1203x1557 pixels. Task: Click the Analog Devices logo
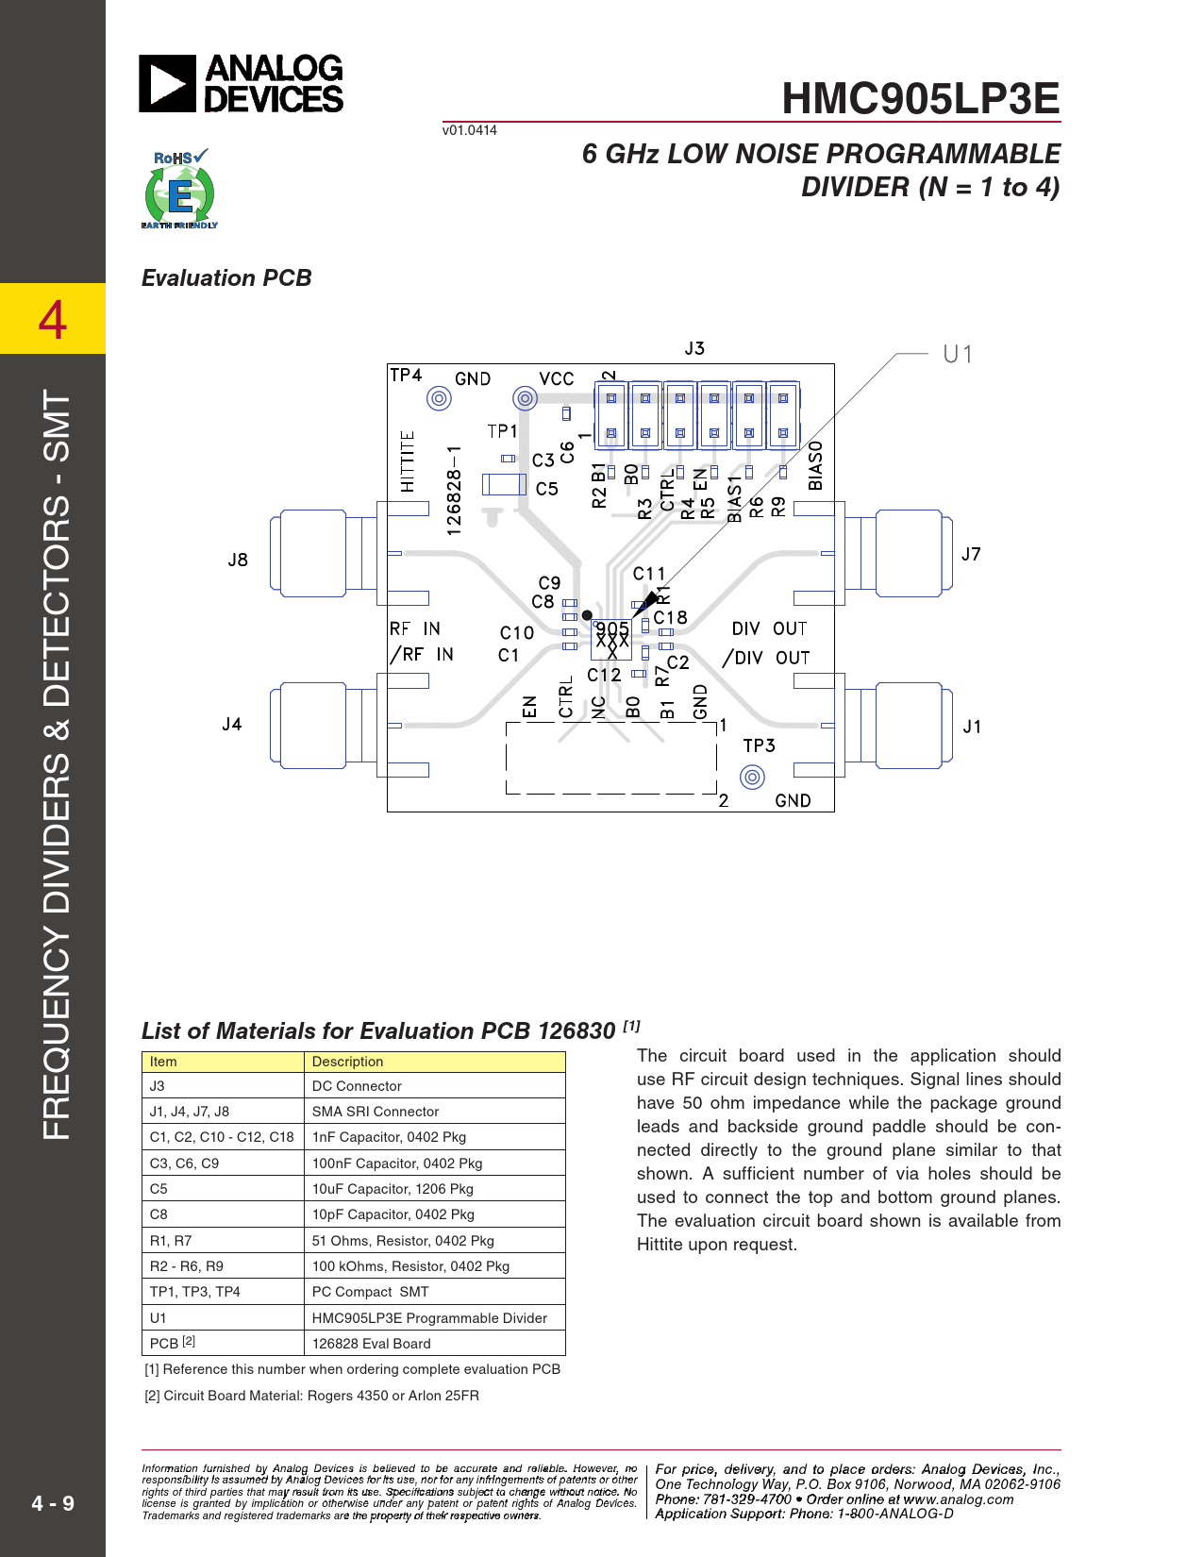[242, 84]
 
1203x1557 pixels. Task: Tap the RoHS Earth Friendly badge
[179, 189]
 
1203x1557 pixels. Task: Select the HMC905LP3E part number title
[920, 98]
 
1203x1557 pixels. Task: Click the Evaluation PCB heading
[226, 278]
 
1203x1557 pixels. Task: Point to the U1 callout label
[957, 354]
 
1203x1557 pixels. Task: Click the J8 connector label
[238, 560]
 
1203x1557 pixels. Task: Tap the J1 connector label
[972, 727]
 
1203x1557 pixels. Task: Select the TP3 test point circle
[752, 778]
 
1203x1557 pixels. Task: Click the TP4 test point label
[406, 376]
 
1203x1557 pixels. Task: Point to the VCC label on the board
[556, 378]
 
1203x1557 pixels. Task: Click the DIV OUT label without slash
[769, 628]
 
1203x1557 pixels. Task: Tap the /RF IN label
[422, 655]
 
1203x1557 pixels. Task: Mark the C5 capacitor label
[547, 489]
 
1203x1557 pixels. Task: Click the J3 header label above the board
[694, 348]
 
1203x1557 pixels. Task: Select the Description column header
[348, 1062]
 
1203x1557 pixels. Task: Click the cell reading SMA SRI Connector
[376, 1112]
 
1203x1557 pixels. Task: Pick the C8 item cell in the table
[159, 1214]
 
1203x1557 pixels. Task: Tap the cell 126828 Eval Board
[371, 1344]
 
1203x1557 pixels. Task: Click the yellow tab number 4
[53, 319]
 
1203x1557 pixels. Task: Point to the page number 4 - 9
[53, 1503]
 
